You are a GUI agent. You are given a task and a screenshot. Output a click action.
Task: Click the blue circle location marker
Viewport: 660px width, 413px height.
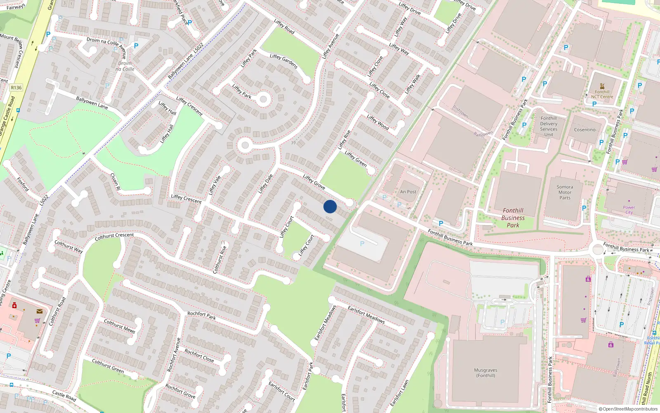[x=330, y=206]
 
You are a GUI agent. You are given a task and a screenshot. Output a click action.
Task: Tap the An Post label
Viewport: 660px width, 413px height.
[x=408, y=192]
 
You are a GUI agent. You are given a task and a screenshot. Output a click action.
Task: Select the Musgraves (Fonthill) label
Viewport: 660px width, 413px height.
[x=486, y=373]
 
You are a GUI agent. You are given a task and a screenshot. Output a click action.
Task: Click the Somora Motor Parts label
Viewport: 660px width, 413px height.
[x=565, y=192]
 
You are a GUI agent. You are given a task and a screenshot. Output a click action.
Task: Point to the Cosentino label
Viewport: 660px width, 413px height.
[x=585, y=130]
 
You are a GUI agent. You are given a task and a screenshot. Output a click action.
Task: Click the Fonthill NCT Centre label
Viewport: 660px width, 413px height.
[x=602, y=94]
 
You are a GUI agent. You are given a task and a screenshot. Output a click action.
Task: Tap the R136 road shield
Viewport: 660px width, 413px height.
[x=16, y=88]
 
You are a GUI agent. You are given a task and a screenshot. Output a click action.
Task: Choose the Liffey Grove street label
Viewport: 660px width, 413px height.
[x=314, y=182]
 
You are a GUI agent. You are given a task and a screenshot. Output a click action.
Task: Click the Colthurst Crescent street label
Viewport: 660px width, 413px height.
[x=114, y=236]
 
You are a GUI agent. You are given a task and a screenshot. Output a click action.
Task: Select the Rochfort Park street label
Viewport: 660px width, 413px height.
[x=201, y=316]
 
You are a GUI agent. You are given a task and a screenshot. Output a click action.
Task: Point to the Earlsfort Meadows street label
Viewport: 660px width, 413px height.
[x=366, y=314]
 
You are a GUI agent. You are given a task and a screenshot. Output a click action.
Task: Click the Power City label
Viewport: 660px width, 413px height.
[x=629, y=210]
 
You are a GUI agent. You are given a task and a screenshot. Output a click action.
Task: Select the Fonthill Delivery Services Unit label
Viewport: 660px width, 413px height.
[x=549, y=126]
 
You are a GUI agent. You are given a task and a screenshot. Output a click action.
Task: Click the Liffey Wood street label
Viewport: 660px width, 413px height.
[x=377, y=123]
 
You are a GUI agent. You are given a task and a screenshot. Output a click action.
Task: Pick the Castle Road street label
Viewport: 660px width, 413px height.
[x=64, y=396]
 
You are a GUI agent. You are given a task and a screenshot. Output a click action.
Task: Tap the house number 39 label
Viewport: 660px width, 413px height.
[x=293, y=143]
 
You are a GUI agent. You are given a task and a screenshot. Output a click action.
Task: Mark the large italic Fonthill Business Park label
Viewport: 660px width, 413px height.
[x=513, y=218]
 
